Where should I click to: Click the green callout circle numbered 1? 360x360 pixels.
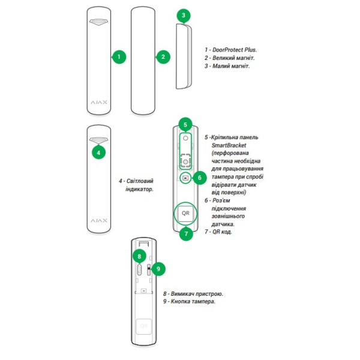click(x=119, y=57)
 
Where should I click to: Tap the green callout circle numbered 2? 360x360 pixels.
click(x=162, y=57)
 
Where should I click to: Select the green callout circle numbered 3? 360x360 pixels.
click(x=184, y=15)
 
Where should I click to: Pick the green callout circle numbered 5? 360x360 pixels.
click(x=185, y=125)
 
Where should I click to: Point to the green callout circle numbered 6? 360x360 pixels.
click(x=200, y=178)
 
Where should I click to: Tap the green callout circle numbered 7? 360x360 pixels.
click(x=186, y=233)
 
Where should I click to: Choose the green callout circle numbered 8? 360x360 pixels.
click(x=139, y=256)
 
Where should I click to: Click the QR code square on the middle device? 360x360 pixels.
click(x=185, y=213)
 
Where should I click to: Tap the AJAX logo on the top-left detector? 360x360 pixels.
click(x=99, y=101)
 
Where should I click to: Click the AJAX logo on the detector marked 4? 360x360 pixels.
click(x=99, y=220)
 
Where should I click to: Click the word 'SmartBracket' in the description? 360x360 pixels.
click(x=229, y=145)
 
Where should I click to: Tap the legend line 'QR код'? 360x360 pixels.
click(x=220, y=232)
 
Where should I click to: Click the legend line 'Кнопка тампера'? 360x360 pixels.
click(x=192, y=302)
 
